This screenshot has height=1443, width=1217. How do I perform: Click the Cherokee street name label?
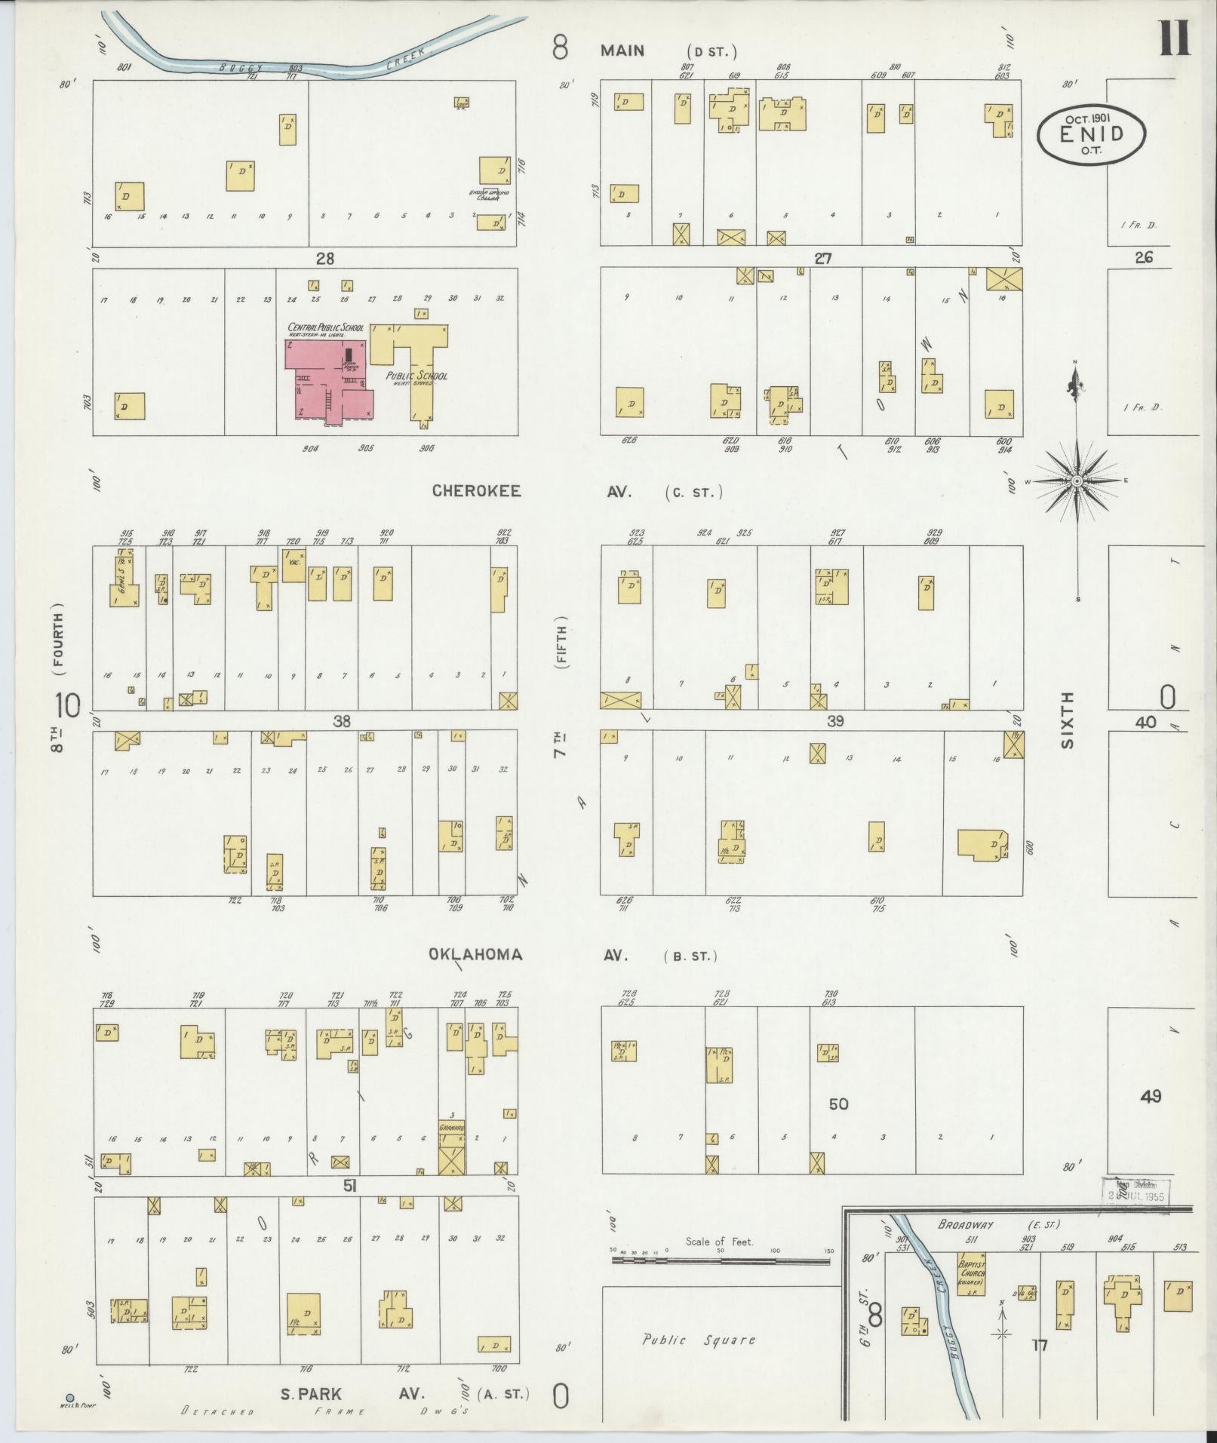coord(476,491)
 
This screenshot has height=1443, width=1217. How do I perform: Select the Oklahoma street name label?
coord(475,954)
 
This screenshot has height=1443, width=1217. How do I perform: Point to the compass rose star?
coord(1077,481)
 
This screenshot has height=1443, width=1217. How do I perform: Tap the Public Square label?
coord(698,1340)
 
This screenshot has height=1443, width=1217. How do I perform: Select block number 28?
coord(324,259)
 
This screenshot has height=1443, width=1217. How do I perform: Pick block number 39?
coord(834,721)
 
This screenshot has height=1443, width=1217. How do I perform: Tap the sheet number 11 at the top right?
coord(1175,38)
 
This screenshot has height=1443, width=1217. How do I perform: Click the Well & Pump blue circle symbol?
coord(70,1397)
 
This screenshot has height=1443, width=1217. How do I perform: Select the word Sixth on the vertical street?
coord(1067,720)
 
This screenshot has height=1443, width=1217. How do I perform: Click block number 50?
coord(838,1104)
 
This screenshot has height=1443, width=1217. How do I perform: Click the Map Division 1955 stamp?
coord(1136,1191)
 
